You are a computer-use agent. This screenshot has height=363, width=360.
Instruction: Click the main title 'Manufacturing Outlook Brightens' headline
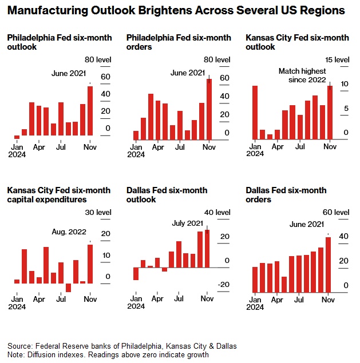176,10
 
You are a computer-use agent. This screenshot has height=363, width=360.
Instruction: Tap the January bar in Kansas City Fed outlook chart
255,112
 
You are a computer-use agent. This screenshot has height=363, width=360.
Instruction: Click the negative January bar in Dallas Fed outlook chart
136,274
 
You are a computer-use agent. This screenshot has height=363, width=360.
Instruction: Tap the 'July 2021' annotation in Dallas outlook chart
187,223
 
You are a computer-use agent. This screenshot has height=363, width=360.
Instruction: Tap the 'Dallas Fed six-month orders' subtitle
286,195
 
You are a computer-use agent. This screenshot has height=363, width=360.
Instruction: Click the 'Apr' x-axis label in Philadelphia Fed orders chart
158,147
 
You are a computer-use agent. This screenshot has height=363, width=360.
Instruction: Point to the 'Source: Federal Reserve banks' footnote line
122,346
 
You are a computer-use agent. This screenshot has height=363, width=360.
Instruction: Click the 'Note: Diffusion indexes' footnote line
108,354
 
